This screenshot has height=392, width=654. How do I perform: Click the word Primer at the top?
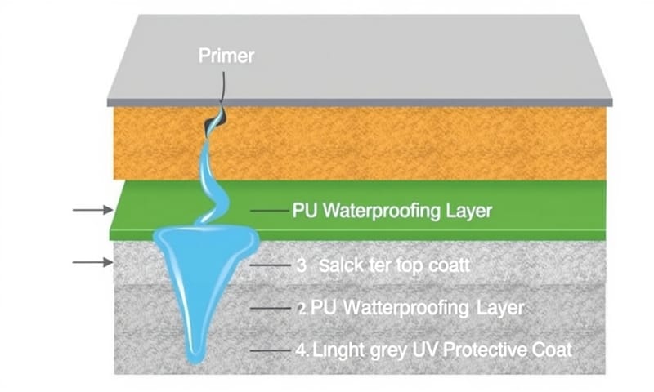[226, 56]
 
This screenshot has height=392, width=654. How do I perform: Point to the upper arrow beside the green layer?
[92, 210]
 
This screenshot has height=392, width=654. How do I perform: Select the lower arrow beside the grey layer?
[92, 262]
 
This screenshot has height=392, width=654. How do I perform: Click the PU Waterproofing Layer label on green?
[392, 211]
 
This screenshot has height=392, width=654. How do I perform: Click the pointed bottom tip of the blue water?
[194, 359]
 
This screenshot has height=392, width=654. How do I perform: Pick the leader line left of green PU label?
[268, 211]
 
